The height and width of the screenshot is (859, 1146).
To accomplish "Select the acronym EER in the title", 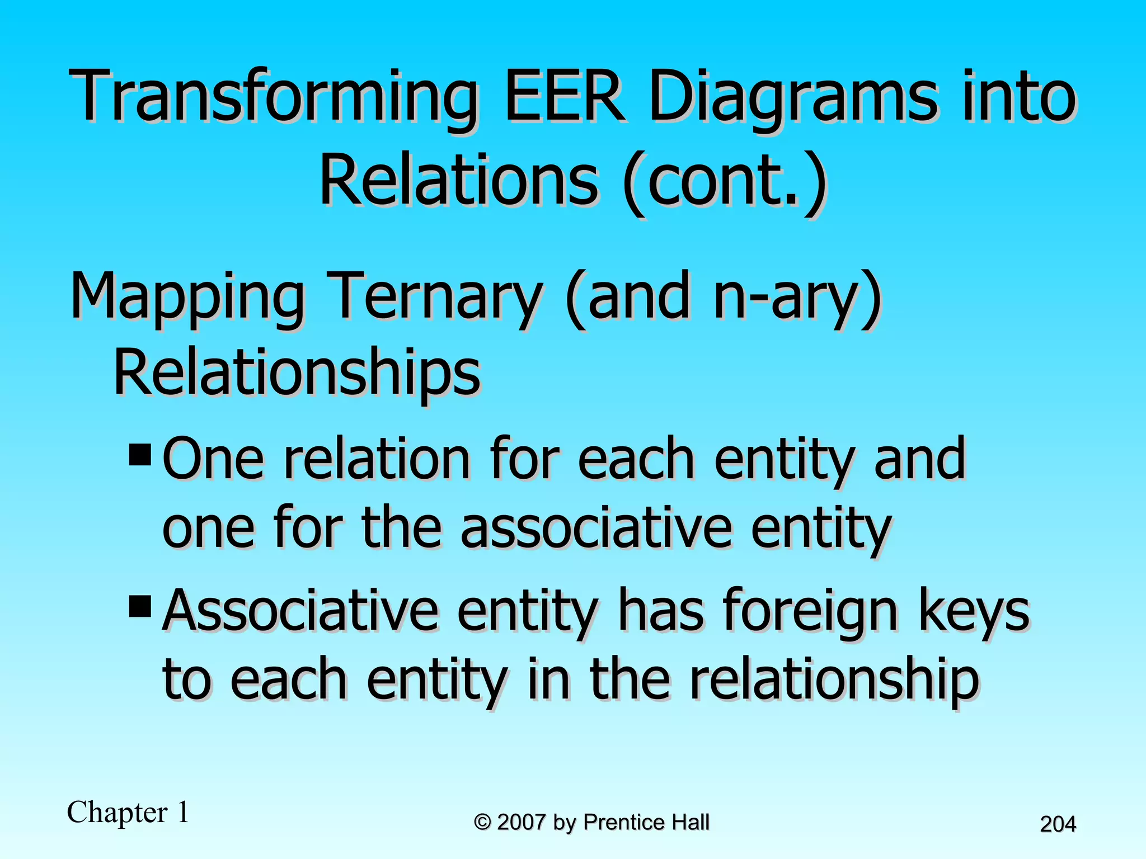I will (565, 96).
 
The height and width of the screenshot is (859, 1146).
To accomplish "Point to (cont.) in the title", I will (725, 182).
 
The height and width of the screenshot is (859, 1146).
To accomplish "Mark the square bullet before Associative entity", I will (140, 606).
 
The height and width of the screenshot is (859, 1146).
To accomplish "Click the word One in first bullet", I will (213, 460).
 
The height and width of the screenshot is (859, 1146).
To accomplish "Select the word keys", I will (974, 611).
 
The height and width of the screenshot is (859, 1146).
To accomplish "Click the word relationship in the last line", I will (834, 681).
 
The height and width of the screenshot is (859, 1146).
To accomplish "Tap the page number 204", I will (1058, 824).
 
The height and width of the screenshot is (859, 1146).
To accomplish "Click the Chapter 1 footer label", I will (128, 812).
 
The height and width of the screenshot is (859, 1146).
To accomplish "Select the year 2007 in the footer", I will (521, 823).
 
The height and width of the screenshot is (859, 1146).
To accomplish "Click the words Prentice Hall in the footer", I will (646, 823).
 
